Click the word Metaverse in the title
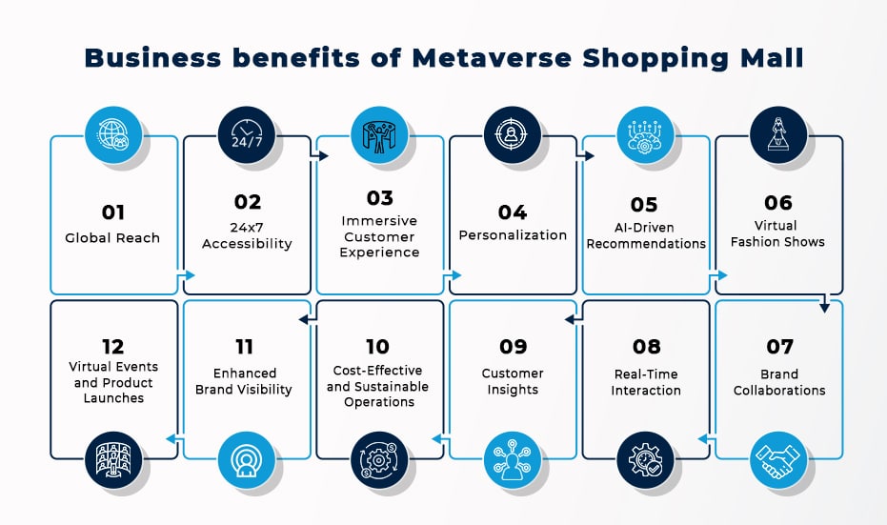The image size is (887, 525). coord(492,58)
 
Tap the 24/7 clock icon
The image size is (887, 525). coord(247,135)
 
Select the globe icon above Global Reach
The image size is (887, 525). coord(113,135)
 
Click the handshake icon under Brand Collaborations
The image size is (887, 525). coord(778,460)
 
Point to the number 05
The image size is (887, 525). coord(644,204)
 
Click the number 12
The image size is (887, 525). coord(113,346)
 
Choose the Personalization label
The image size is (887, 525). coord(513,235)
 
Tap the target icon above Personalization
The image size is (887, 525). coord(513,135)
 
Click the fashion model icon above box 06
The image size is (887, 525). coord(778,135)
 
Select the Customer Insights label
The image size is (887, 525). coord(513,381)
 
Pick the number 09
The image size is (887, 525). coord(514,346)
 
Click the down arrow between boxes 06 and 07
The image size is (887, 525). coord(825,303)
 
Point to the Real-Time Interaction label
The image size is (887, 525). coord(646,382)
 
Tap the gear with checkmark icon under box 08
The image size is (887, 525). coord(645,460)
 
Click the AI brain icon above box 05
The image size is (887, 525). coord(645,135)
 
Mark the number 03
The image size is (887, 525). coord(379,198)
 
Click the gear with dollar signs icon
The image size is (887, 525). coord(379,460)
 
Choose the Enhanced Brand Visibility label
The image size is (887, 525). coord(244,381)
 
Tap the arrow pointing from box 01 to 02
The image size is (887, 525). coord(186,275)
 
